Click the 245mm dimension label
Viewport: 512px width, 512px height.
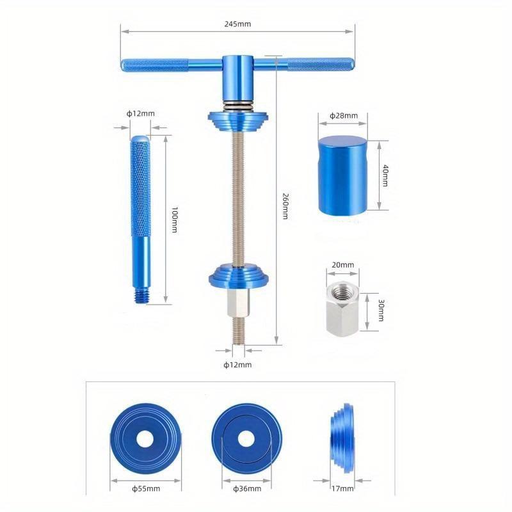click(237, 24)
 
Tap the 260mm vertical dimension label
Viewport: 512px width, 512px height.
click(285, 206)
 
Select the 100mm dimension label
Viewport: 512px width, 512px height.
click(174, 220)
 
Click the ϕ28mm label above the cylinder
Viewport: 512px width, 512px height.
click(344, 116)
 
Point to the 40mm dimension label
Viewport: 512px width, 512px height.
click(385, 175)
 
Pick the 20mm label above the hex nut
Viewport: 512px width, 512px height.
click(343, 265)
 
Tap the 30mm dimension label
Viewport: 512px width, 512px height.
click(381, 310)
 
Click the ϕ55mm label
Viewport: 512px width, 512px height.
click(146, 488)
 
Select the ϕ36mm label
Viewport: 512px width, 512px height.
click(247, 488)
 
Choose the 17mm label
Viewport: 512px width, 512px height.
click(342, 488)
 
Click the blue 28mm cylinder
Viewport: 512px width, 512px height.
click(342, 176)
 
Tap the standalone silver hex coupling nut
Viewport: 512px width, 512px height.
click(342, 307)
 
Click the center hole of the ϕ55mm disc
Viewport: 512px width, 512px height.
click(145, 439)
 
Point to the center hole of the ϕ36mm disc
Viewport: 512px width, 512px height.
click(246, 439)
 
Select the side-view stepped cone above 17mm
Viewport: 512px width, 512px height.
click(342, 438)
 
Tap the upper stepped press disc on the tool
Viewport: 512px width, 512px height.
click(238, 121)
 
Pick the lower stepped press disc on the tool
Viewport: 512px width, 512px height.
click(239, 276)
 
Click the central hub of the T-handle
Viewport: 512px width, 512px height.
click(238, 77)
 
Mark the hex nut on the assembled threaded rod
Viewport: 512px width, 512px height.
click(238, 303)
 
